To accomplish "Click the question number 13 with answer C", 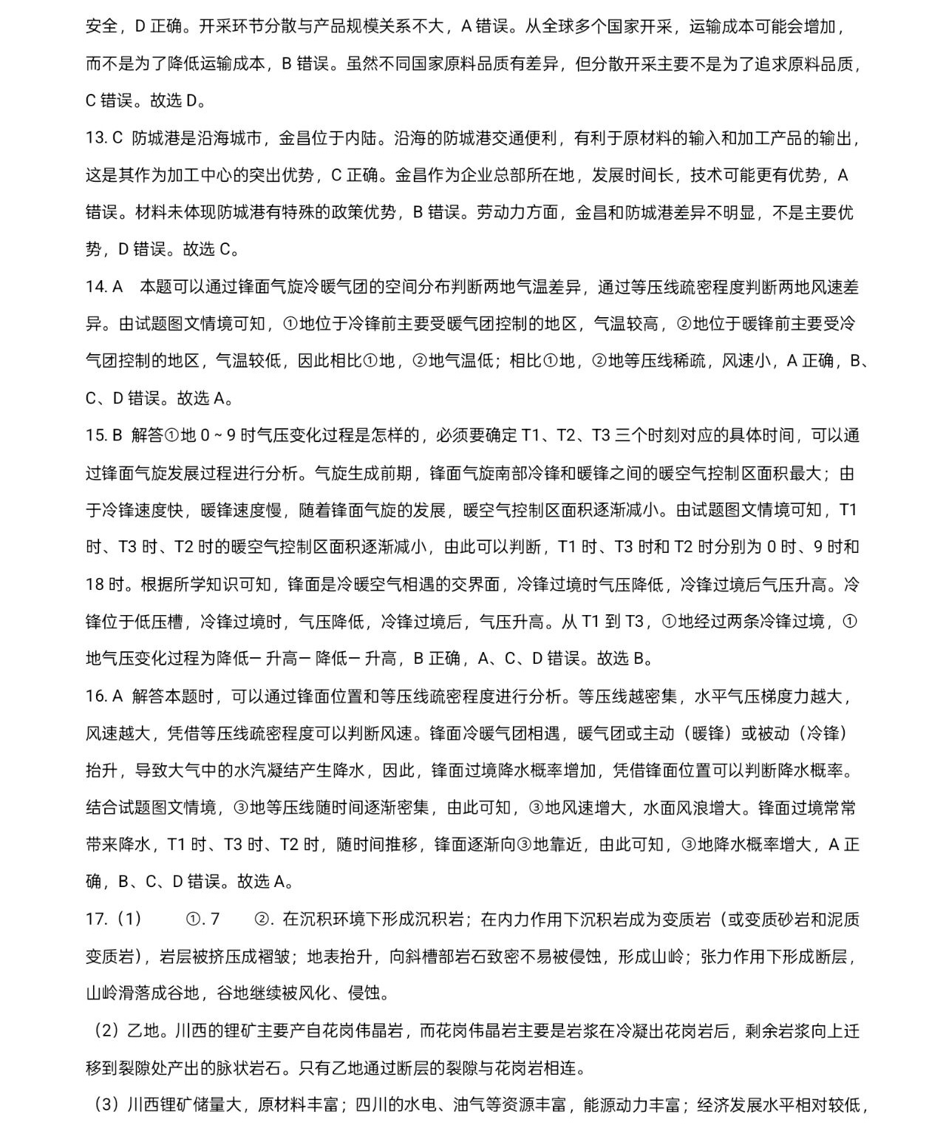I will [x=103, y=138].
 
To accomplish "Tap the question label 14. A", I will [x=104, y=287].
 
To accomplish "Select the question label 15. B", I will [x=103, y=435].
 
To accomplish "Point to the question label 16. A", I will [x=103, y=696].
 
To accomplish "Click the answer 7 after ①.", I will [x=214, y=919].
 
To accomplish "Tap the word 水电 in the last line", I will [x=413, y=1105].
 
